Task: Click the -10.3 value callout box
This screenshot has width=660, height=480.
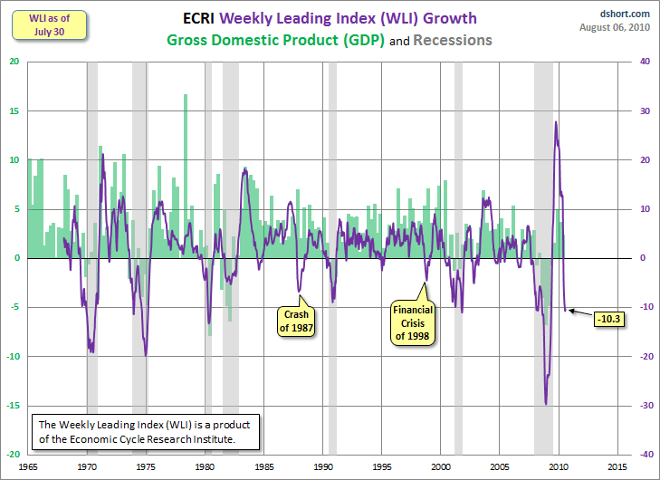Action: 607,319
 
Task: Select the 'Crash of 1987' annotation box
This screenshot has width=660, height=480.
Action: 297,322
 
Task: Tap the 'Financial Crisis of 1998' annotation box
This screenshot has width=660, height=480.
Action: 412,322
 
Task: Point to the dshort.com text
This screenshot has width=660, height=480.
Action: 625,14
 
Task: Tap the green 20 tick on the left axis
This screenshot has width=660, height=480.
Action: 15,62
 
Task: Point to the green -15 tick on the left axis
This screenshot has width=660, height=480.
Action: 14,406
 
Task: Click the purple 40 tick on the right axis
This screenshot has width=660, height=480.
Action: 643,62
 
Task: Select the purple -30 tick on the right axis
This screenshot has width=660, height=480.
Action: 643,406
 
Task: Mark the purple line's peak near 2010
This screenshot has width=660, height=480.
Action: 556,122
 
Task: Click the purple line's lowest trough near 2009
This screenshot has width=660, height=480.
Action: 546,404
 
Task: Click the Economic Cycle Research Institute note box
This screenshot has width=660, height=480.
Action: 146,431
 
